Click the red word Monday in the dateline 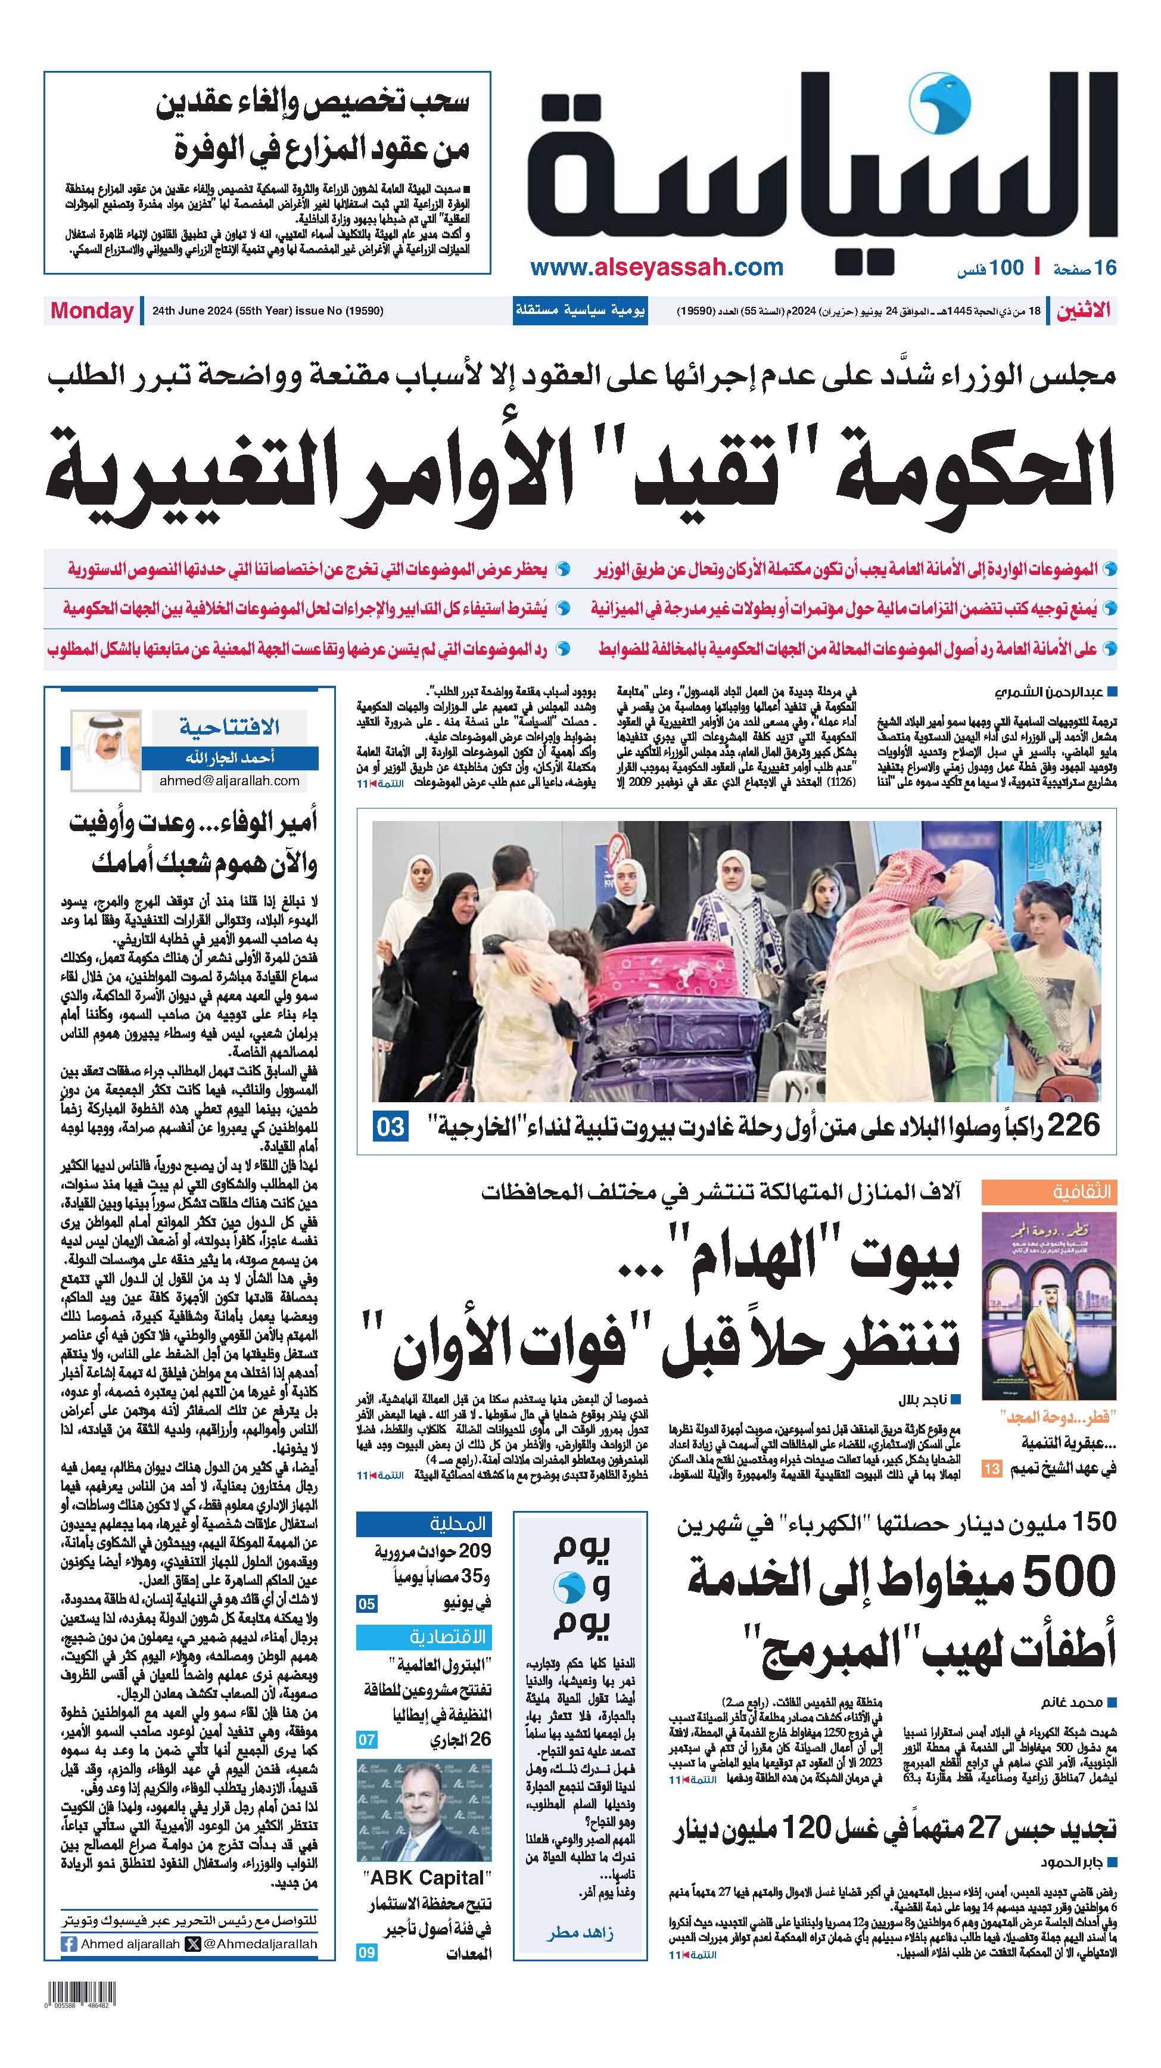pos(92,312)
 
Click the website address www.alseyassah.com pos(657,268)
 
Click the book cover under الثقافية pos(1048,1307)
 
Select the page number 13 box pos(992,1469)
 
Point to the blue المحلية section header pos(424,1523)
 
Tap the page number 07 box pos(367,1740)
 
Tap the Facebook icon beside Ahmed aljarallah pos(69,1944)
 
